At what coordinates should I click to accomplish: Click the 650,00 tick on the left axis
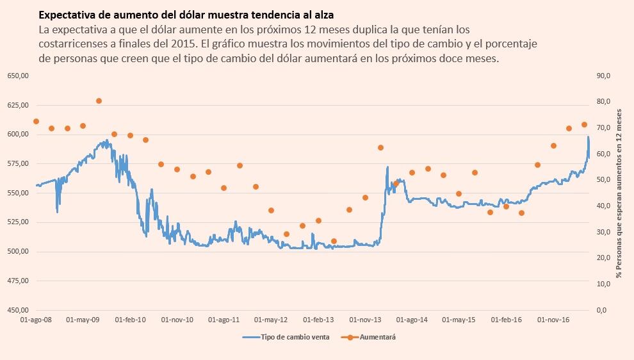pyautogui.click(x=19, y=76)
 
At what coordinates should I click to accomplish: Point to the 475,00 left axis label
pyautogui.click(x=19, y=281)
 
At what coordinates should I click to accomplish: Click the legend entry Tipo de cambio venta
pyautogui.click(x=286, y=338)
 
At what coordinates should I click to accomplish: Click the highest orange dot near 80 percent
pyautogui.click(x=99, y=101)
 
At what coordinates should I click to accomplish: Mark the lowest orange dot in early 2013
pyautogui.click(x=334, y=241)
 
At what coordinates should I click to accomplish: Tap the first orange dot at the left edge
pyautogui.click(x=36, y=121)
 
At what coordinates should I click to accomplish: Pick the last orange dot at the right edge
pyautogui.click(x=584, y=124)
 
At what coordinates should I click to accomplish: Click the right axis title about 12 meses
pyautogui.click(x=619, y=192)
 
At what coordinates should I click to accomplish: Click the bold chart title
pyautogui.click(x=186, y=14)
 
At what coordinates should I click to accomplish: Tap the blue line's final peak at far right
pyautogui.click(x=588, y=137)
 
